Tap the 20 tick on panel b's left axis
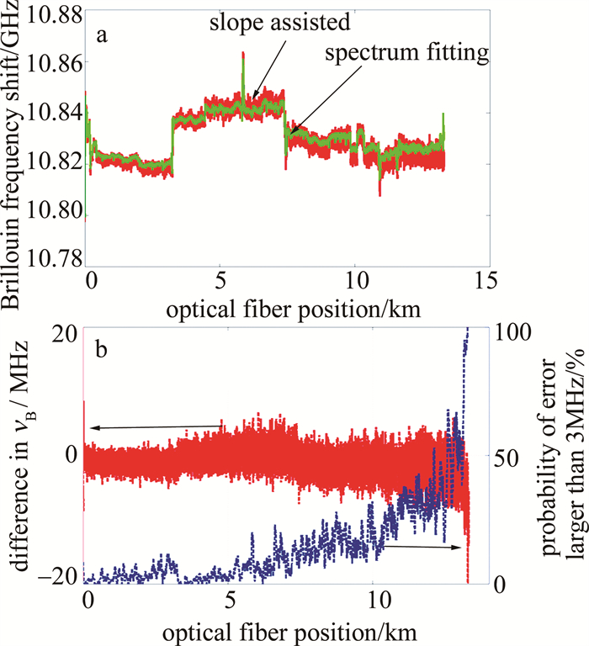click(x=66, y=333)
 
